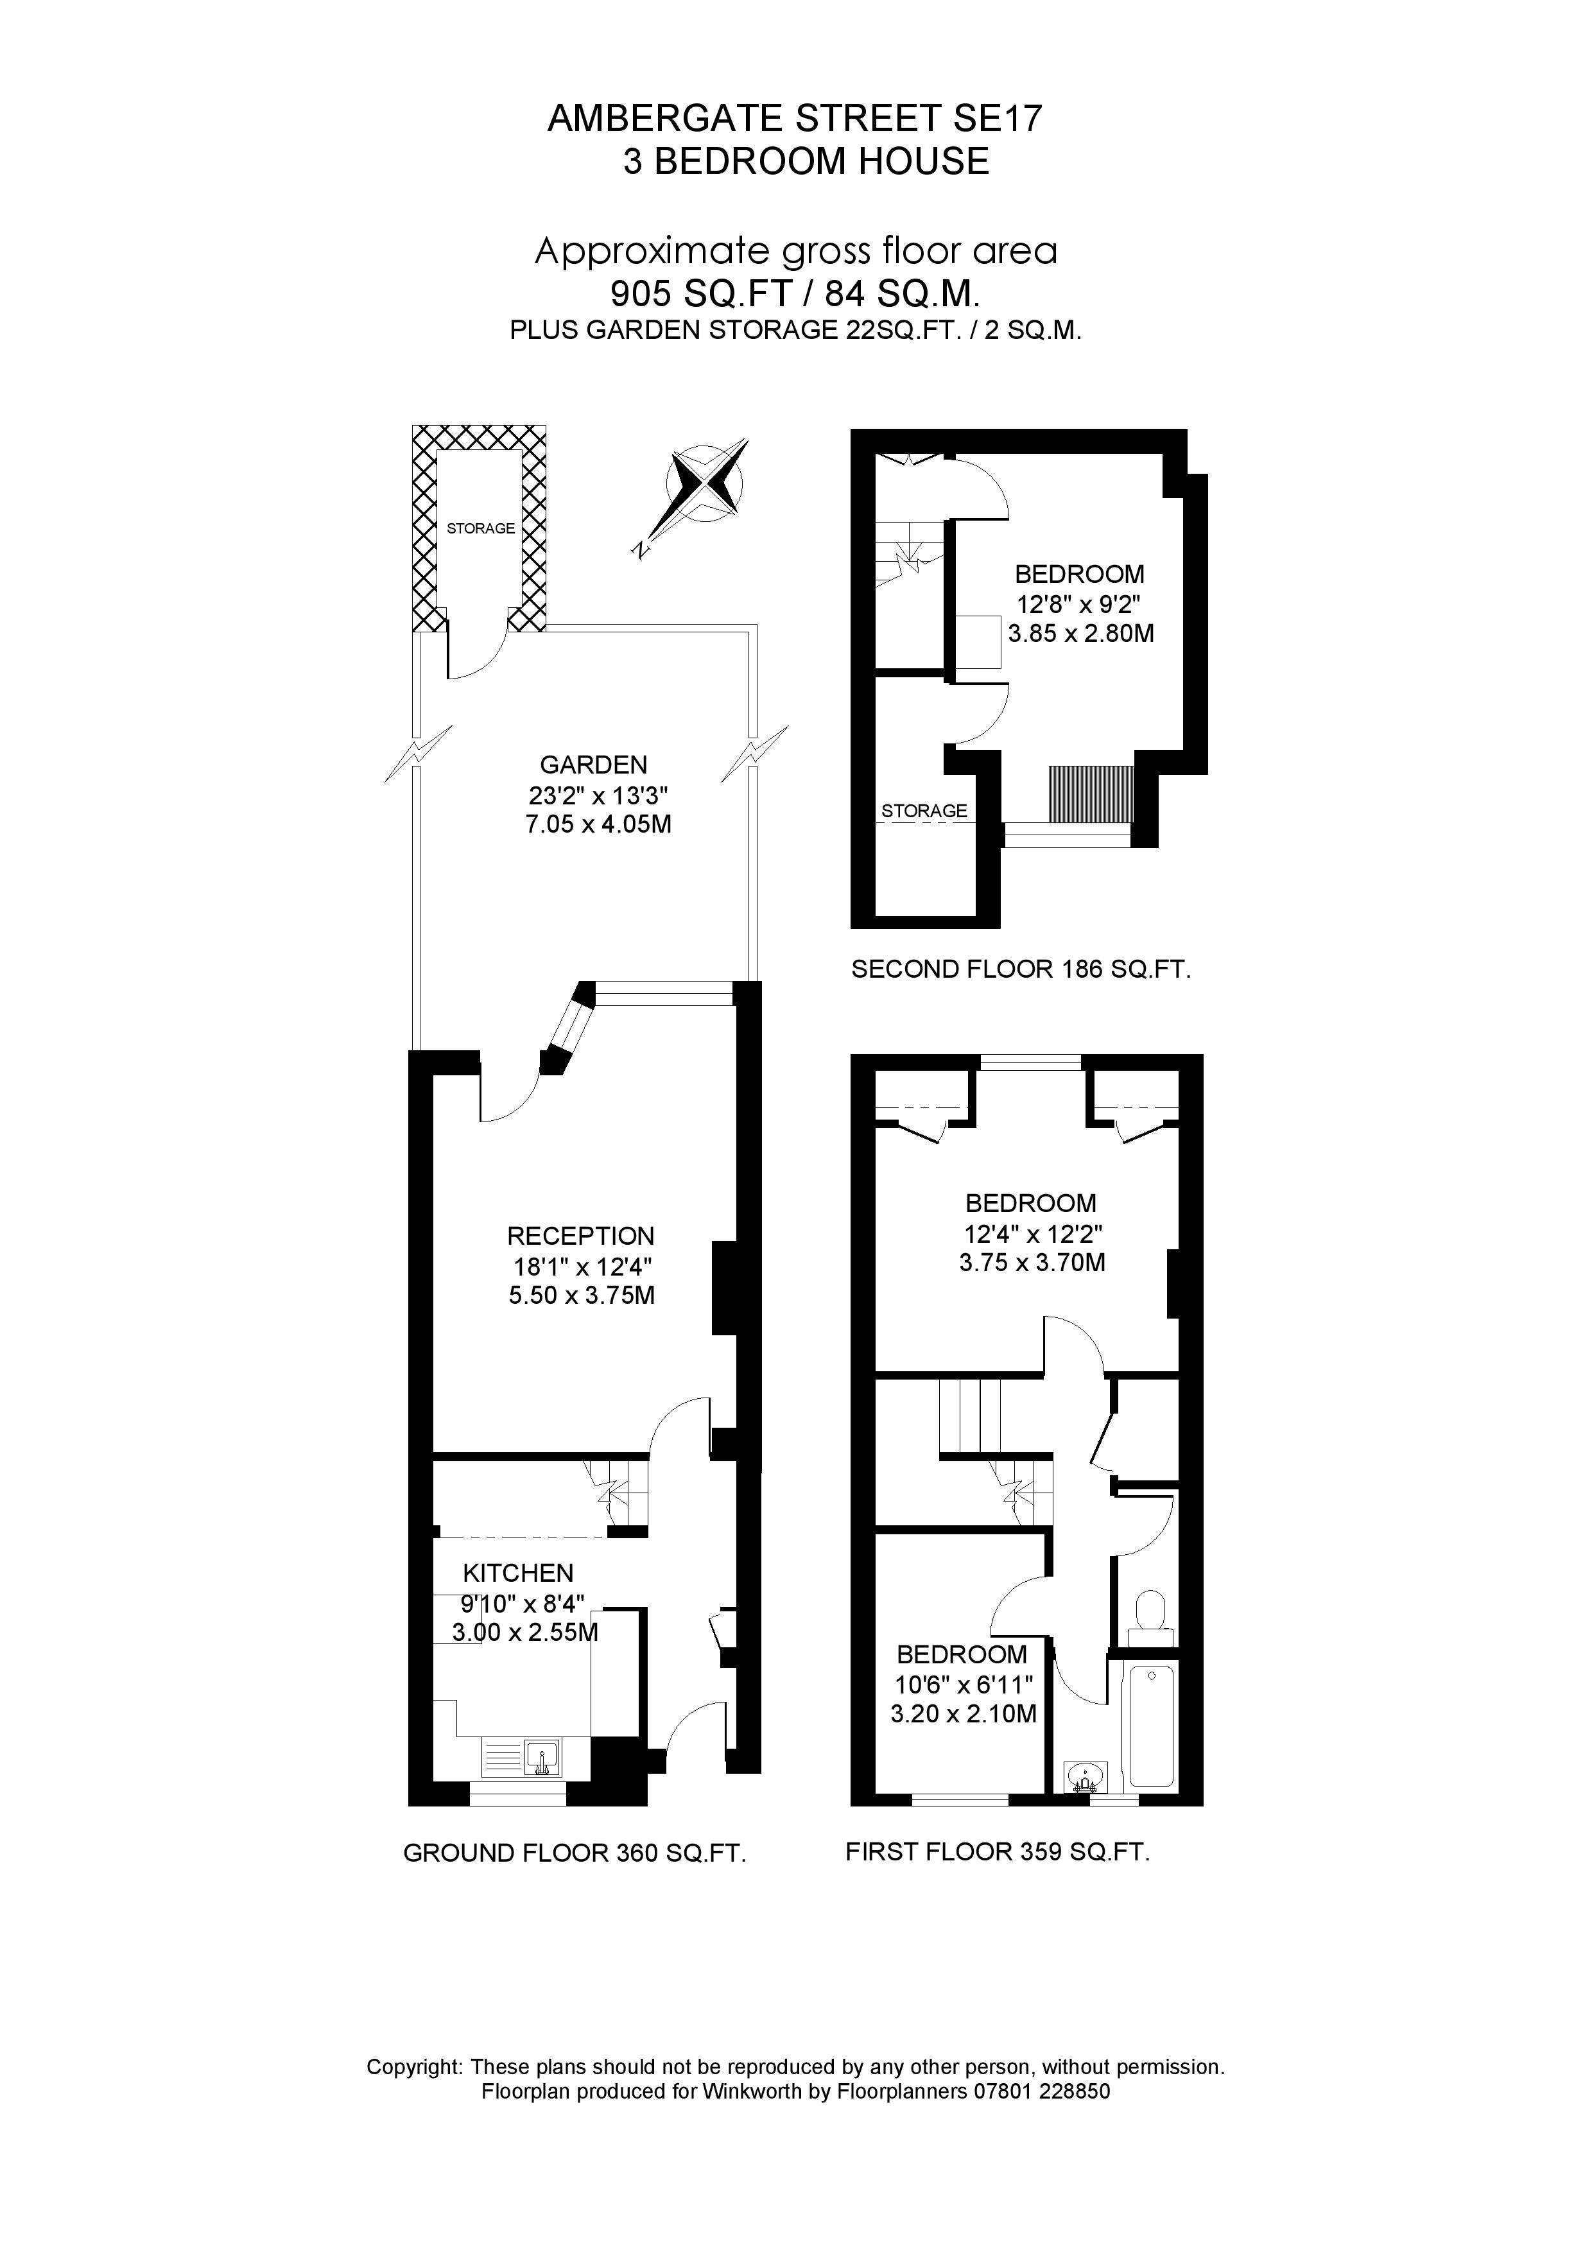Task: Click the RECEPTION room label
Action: (x=581, y=1236)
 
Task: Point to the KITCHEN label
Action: (x=518, y=1573)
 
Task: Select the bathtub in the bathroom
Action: (x=1152, y=1724)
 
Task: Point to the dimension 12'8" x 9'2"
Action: (x=1079, y=603)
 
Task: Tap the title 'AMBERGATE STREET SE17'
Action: (x=795, y=119)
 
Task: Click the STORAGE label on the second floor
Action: (x=924, y=811)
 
